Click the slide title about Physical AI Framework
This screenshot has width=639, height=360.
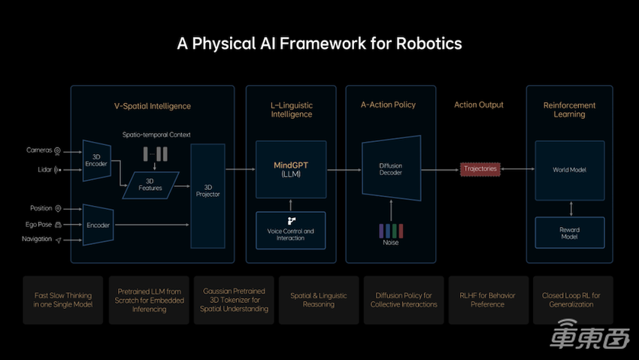(x=319, y=44)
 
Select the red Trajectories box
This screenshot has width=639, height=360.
(x=480, y=169)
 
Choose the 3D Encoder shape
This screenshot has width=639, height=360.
(x=96, y=159)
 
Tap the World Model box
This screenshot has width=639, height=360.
(x=569, y=169)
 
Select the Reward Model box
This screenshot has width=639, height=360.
(x=569, y=233)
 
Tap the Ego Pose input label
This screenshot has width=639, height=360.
(x=37, y=224)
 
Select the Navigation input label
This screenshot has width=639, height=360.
(x=37, y=239)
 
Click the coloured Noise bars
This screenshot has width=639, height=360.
(x=390, y=229)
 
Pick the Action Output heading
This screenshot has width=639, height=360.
(x=479, y=105)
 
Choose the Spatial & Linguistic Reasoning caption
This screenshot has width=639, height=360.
(x=319, y=300)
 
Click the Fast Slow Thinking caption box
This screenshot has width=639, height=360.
(x=62, y=300)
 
